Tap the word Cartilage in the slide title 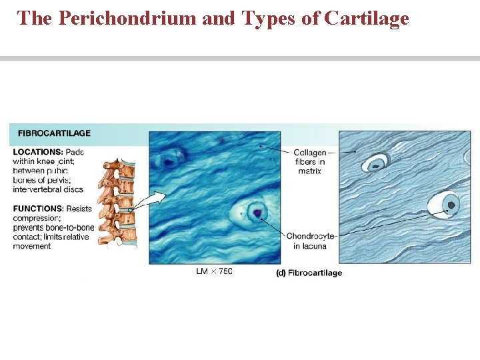tap(366, 18)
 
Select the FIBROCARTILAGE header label tap(53, 133)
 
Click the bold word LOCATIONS tap(38, 152)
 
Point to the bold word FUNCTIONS tap(37, 209)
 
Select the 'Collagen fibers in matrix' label tap(310, 161)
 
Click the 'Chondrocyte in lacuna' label tap(311, 241)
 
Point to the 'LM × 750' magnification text tap(214, 271)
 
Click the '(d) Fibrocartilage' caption tap(309, 273)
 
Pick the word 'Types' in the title tap(275, 18)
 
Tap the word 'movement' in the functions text tap(32, 246)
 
